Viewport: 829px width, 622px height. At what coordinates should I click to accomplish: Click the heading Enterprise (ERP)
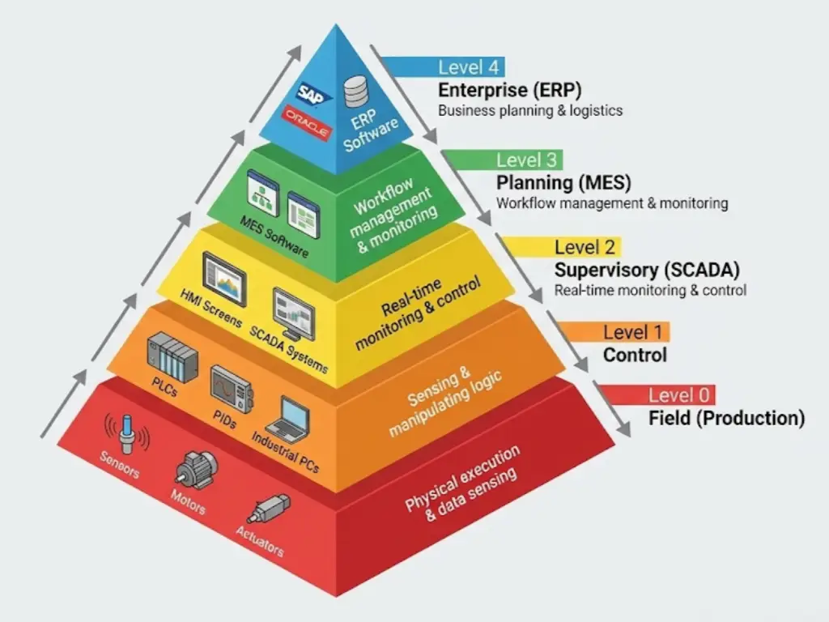tap(510, 89)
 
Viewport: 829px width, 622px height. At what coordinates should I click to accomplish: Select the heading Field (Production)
tap(726, 418)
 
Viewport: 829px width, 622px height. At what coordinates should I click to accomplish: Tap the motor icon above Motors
tap(195, 467)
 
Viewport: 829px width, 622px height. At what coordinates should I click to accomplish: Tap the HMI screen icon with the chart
tap(224, 278)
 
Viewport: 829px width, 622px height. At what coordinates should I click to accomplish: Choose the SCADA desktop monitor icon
tap(292, 312)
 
